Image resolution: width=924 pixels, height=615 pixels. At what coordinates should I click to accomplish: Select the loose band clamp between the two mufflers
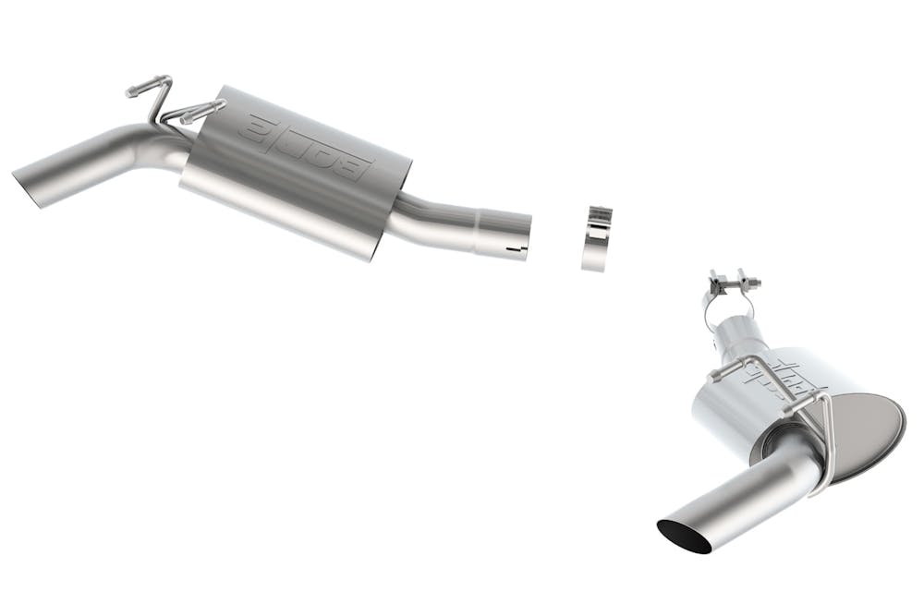pyautogui.click(x=598, y=238)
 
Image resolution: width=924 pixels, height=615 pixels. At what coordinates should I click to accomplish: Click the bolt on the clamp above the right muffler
pyautogui.click(x=730, y=279)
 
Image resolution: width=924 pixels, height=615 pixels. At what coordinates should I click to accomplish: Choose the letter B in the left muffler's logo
pyautogui.click(x=356, y=169)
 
